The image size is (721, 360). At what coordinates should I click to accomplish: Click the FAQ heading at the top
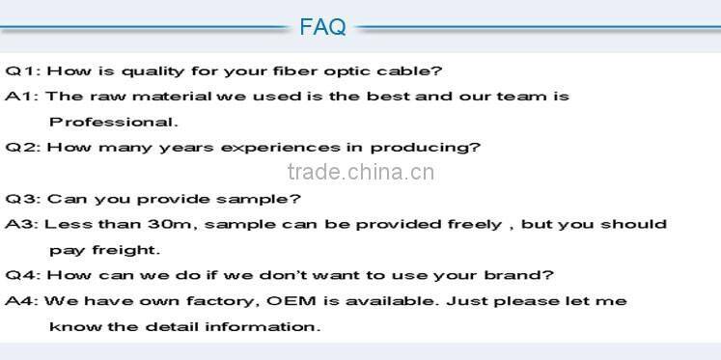(322, 27)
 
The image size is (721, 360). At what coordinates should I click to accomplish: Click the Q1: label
(22, 71)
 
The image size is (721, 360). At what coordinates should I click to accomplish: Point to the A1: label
(22, 97)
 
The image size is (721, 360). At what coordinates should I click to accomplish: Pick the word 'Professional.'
(114, 122)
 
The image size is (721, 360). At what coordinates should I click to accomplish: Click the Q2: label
(22, 148)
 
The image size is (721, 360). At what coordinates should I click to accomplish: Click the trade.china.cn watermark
(362, 173)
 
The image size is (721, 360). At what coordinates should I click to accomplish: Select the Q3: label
(22, 199)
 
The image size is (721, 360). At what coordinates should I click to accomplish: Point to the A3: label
(22, 224)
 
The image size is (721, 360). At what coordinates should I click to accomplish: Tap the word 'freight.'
(124, 249)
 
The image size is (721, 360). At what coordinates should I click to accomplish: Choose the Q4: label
(22, 275)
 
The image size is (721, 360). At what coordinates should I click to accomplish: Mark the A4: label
(22, 301)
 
